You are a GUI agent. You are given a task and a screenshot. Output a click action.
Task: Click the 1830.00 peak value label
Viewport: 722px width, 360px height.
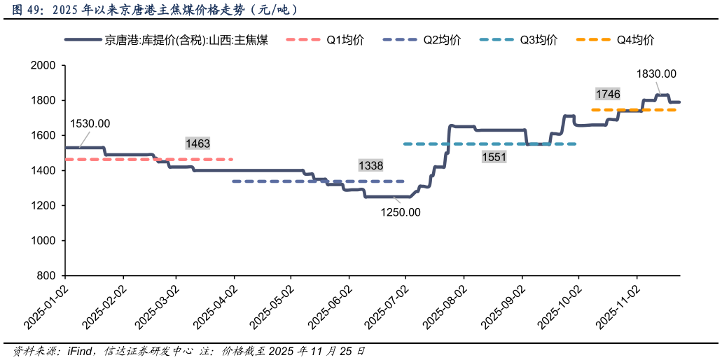click(x=655, y=74)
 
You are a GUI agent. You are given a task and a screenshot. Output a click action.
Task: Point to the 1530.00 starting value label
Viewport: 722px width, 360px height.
click(x=90, y=124)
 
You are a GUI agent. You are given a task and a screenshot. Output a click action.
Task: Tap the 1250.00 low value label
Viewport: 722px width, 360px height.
click(x=401, y=212)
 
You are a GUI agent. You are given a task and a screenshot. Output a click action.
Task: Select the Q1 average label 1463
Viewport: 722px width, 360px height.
click(x=197, y=144)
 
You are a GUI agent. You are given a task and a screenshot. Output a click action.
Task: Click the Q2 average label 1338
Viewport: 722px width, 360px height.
click(x=370, y=166)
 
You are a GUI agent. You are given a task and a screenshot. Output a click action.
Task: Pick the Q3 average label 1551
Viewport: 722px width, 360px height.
click(x=494, y=157)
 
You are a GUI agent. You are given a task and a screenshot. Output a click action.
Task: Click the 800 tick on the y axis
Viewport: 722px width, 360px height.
click(x=46, y=276)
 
